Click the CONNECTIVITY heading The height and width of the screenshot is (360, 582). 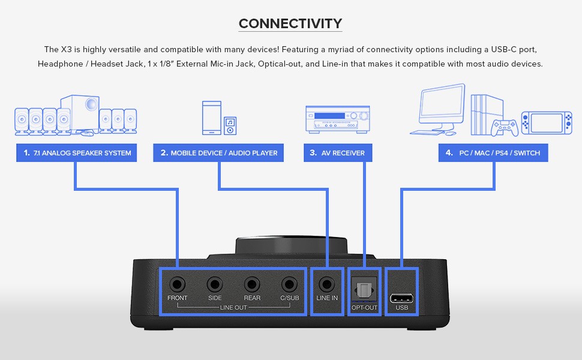click(290, 24)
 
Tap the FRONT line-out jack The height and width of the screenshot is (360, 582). click(178, 284)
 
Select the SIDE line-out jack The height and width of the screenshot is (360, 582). click(214, 284)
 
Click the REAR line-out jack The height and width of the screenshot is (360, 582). click(252, 284)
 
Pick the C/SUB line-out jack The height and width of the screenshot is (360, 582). click(290, 284)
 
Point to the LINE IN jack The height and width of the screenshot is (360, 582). click(327, 284)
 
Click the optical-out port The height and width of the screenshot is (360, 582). click(364, 290)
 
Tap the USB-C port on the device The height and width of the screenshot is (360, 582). click(401, 298)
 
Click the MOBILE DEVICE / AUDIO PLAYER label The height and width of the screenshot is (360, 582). click(218, 153)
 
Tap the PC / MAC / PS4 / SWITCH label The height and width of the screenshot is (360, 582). click(493, 153)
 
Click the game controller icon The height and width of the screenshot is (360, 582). click(505, 127)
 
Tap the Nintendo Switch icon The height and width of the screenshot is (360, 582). click(546, 122)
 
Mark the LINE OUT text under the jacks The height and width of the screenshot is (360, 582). click(233, 308)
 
